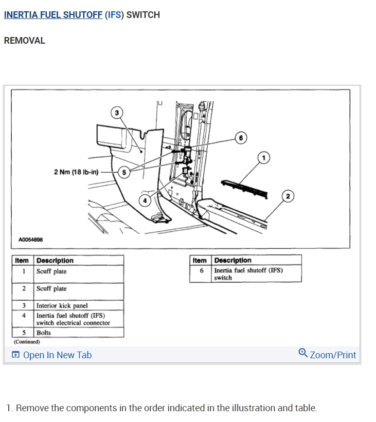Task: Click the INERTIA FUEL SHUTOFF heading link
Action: [53, 15]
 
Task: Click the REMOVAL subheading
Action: [25, 41]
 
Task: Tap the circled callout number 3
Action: [117, 112]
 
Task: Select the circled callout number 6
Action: [240, 137]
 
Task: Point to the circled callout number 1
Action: [263, 157]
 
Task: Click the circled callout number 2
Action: [288, 196]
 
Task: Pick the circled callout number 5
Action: [124, 172]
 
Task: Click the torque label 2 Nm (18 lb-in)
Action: [76, 172]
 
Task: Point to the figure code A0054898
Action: [31, 240]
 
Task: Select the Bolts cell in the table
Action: [44, 333]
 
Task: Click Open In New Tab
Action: [57, 355]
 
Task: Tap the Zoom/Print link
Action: [333, 355]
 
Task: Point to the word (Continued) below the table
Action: [27, 341]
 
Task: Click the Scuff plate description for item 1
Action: [51, 271]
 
